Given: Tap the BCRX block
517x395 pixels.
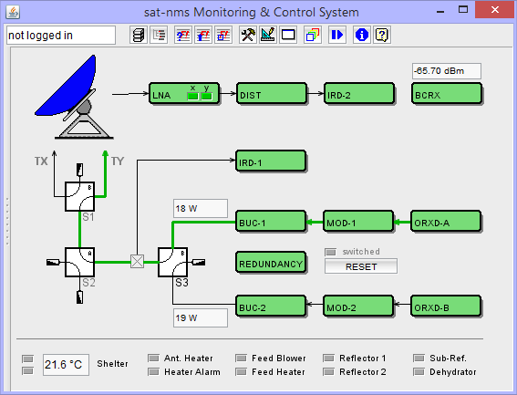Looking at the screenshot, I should click(445, 93).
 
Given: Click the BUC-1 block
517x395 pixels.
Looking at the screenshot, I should click(271, 221).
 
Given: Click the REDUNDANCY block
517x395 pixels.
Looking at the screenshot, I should click(271, 263).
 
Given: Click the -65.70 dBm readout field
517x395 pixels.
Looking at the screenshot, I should click(446, 70).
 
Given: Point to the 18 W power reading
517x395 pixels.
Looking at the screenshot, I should click(200, 208).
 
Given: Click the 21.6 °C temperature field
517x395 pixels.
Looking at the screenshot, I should click(66, 365).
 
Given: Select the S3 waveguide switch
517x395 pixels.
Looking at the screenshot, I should click(172, 261).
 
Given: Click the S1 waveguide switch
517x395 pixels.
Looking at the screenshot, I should click(80, 194).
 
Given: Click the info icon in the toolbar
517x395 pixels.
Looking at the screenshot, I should click(360, 35).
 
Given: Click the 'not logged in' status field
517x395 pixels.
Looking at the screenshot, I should click(60, 35).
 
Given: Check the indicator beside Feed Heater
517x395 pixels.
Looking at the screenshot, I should click(242, 372).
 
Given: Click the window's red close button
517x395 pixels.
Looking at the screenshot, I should click(493, 10).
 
